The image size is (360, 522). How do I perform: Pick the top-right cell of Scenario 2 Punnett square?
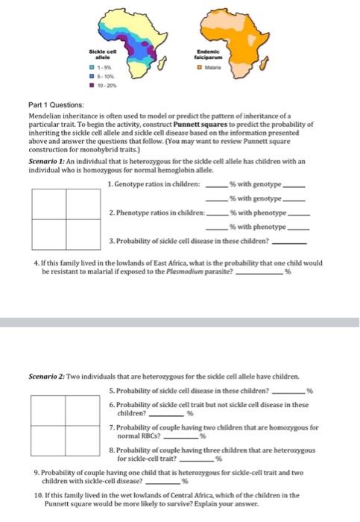[84, 409]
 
